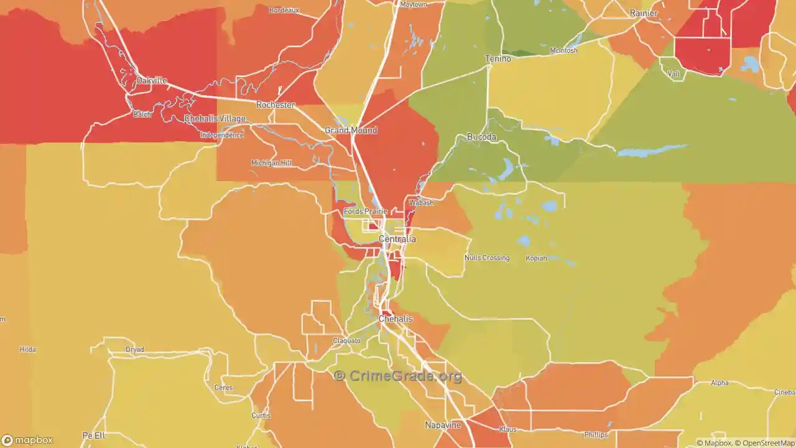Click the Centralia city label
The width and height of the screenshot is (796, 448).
397,239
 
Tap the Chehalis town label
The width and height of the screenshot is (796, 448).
396,319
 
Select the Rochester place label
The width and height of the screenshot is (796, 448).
275,105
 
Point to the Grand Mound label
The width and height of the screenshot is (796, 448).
351,131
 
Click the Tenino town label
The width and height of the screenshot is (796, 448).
497,58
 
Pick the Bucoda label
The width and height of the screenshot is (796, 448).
481,137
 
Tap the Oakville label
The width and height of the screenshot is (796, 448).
152,81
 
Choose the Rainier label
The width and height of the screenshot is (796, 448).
643,13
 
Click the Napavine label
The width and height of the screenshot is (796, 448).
443,425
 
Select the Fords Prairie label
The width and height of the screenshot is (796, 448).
366,212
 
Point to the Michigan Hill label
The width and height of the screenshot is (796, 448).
271,163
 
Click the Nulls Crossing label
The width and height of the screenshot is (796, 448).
487,258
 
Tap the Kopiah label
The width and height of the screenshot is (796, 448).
536,258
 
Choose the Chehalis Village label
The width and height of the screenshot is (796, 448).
215,119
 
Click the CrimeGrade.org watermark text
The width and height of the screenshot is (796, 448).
399,376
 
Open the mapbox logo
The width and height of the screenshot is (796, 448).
27,440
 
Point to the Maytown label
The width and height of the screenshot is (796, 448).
414,4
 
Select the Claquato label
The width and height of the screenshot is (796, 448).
346,340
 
